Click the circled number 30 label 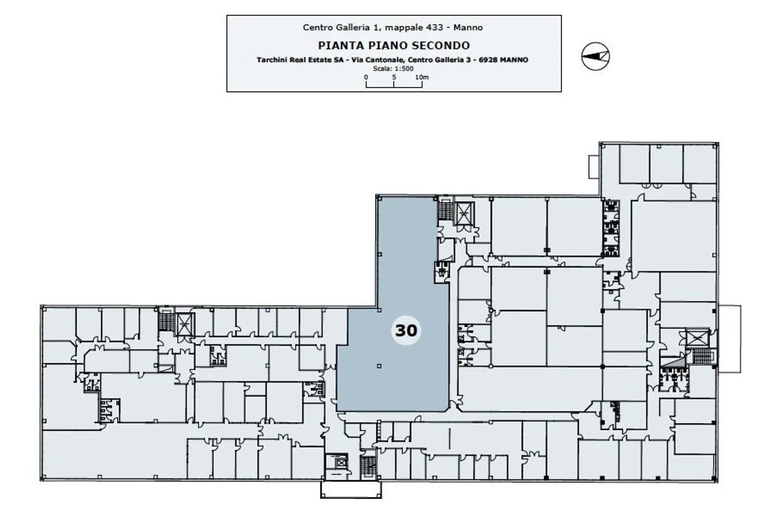pos(405,330)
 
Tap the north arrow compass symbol pos(595,55)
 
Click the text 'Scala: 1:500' pos(393,68)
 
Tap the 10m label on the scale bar pos(422,77)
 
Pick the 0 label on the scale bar pos(366,77)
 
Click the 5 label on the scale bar pos(394,77)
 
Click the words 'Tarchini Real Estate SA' pos(300,60)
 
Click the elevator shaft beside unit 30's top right pos(464,215)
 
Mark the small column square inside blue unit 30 pos(379,366)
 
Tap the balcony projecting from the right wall pos(729,339)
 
